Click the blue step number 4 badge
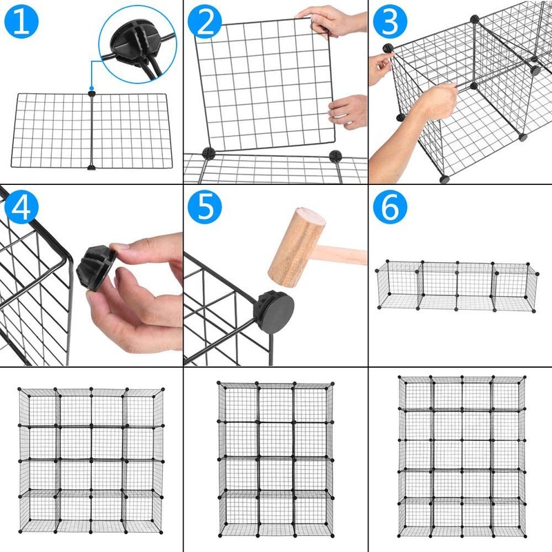[23, 208]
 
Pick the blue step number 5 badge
[206, 208]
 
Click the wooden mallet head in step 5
[295, 246]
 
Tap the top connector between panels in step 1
[91, 92]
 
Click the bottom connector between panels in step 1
[91, 166]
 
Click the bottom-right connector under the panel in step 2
[335, 155]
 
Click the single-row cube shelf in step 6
[456, 284]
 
